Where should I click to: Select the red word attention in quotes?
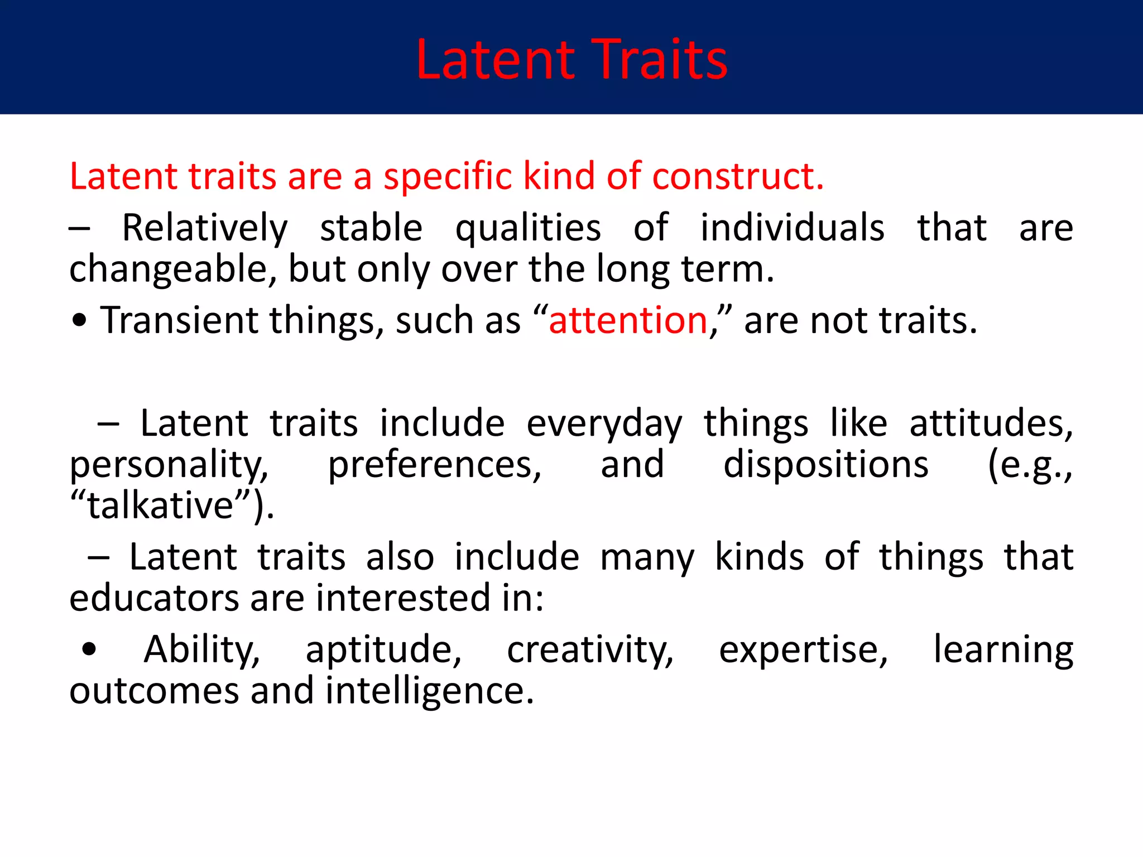(x=628, y=321)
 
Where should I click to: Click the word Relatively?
(x=205, y=229)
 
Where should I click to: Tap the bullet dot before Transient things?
(x=80, y=321)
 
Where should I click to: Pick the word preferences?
(x=434, y=465)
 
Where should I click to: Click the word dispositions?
(x=826, y=465)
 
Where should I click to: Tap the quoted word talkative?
(x=161, y=505)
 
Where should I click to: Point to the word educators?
(x=155, y=598)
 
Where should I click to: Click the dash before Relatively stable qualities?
(x=79, y=229)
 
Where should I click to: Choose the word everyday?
(x=604, y=424)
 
